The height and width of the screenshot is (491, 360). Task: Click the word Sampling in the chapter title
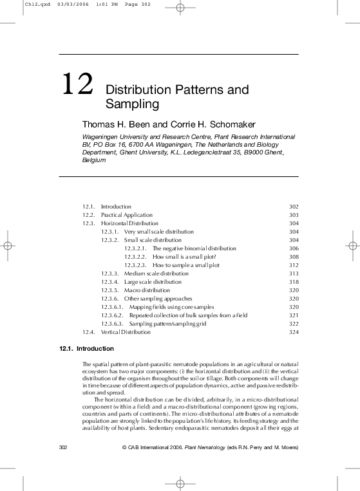pyautogui.click(x=131, y=103)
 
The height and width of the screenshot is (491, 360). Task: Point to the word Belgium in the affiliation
pyautogui.click(x=93, y=160)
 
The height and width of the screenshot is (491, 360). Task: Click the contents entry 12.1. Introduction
pyautogui.click(x=116, y=207)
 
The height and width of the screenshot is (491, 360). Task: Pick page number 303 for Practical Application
pyautogui.click(x=294, y=215)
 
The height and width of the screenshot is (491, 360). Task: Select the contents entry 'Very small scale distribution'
pyautogui.click(x=158, y=232)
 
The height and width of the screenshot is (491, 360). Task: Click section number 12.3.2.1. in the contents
pyautogui.click(x=135, y=248)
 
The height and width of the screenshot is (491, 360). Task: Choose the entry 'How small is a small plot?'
pyautogui.click(x=184, y=257)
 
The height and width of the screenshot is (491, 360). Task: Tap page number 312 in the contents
pyautogui.click(x=294, y=265)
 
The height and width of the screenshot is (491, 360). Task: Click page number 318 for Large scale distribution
pyautogui.click(x=294, y=282)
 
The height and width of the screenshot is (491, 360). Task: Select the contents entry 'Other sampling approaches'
pyautogui.click(x=158, y=299)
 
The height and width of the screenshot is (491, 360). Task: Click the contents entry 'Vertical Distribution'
pyautogui.click(x=126, y=332)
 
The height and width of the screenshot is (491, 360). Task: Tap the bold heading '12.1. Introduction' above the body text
pyautogui.click(x=86, y=349)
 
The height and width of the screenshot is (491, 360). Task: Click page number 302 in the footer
pyautogui.click(x=64, y=447)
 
